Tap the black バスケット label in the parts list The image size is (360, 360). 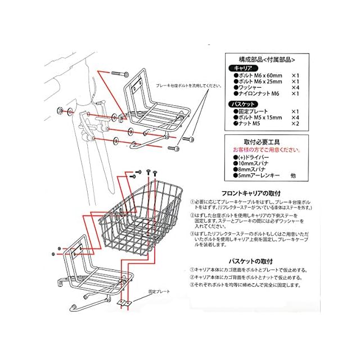pyautogui.click(x=242, y=105)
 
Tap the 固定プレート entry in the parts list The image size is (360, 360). pyautogui.click(x=251, y=111)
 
